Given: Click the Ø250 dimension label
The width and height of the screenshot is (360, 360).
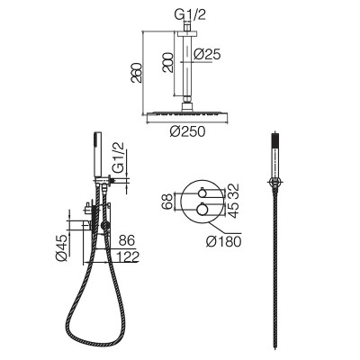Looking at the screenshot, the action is [187, 131].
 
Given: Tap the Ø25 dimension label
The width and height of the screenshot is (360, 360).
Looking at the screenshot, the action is [207, 54].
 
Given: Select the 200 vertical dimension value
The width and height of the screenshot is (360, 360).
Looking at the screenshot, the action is [168, 62].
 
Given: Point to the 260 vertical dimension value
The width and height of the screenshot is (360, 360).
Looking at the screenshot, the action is [136, 73].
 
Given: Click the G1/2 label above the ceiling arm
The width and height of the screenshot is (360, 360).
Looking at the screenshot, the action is [190, 15].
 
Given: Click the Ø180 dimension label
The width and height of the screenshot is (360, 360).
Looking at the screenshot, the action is [224, 241].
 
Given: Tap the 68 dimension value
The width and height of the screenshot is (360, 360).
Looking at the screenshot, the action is [167, 202].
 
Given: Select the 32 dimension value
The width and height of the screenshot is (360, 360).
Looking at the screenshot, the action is [235, 191].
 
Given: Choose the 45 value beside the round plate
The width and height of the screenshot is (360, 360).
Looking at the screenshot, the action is [235, 210].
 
